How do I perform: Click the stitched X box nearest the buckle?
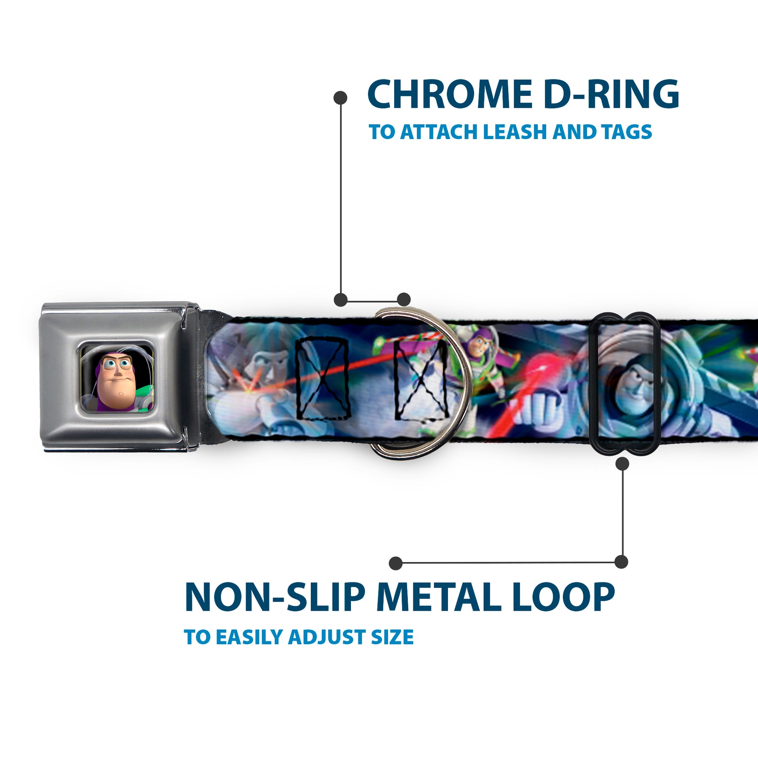click(x=323, y=379)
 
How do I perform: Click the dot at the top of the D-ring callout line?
click(x=340, y=98)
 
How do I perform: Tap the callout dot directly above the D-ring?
click(x=404, y=300)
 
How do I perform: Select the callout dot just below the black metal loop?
click(x=622, y=464)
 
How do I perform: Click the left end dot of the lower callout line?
click(x=396, y=563)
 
